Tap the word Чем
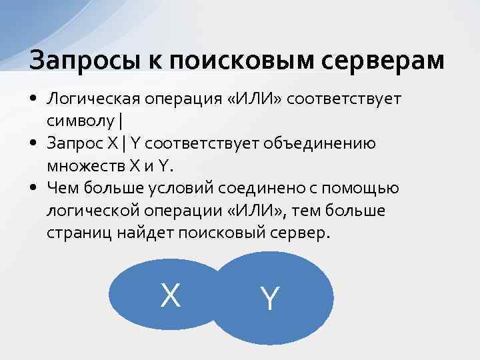61,187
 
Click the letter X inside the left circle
171,295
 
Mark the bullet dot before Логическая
33,100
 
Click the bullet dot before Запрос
33,143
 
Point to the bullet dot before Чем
33,187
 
